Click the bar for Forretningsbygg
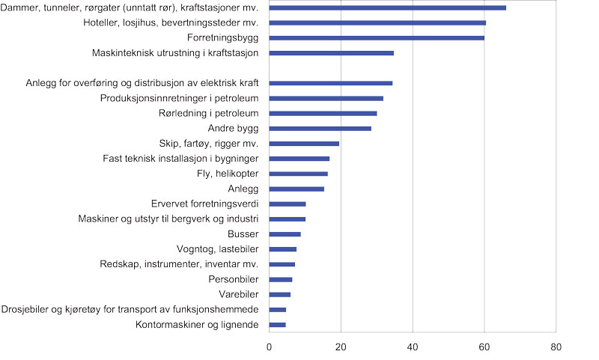pos(377,37)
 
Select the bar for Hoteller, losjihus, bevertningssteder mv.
pos(377,22)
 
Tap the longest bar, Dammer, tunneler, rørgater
pos(387,7)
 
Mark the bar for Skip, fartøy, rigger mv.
pos(304,144)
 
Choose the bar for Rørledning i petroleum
pos(323,114)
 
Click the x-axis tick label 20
pos(341,347)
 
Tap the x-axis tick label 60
pos(484,347)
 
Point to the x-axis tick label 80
pos(556,347)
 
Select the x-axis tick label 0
pos(270,347)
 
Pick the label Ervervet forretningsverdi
pos(204,204)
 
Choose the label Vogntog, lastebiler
pos(218,249)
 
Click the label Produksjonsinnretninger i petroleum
pos(179,98)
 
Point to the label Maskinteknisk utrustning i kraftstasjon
pos(174,53)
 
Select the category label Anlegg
pos(242,189)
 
